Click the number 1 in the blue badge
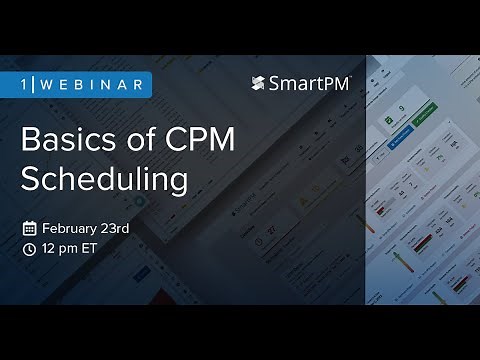(x=26, y=84)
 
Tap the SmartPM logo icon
(x=258, y=84)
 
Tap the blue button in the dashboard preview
(x=401, y=130)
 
